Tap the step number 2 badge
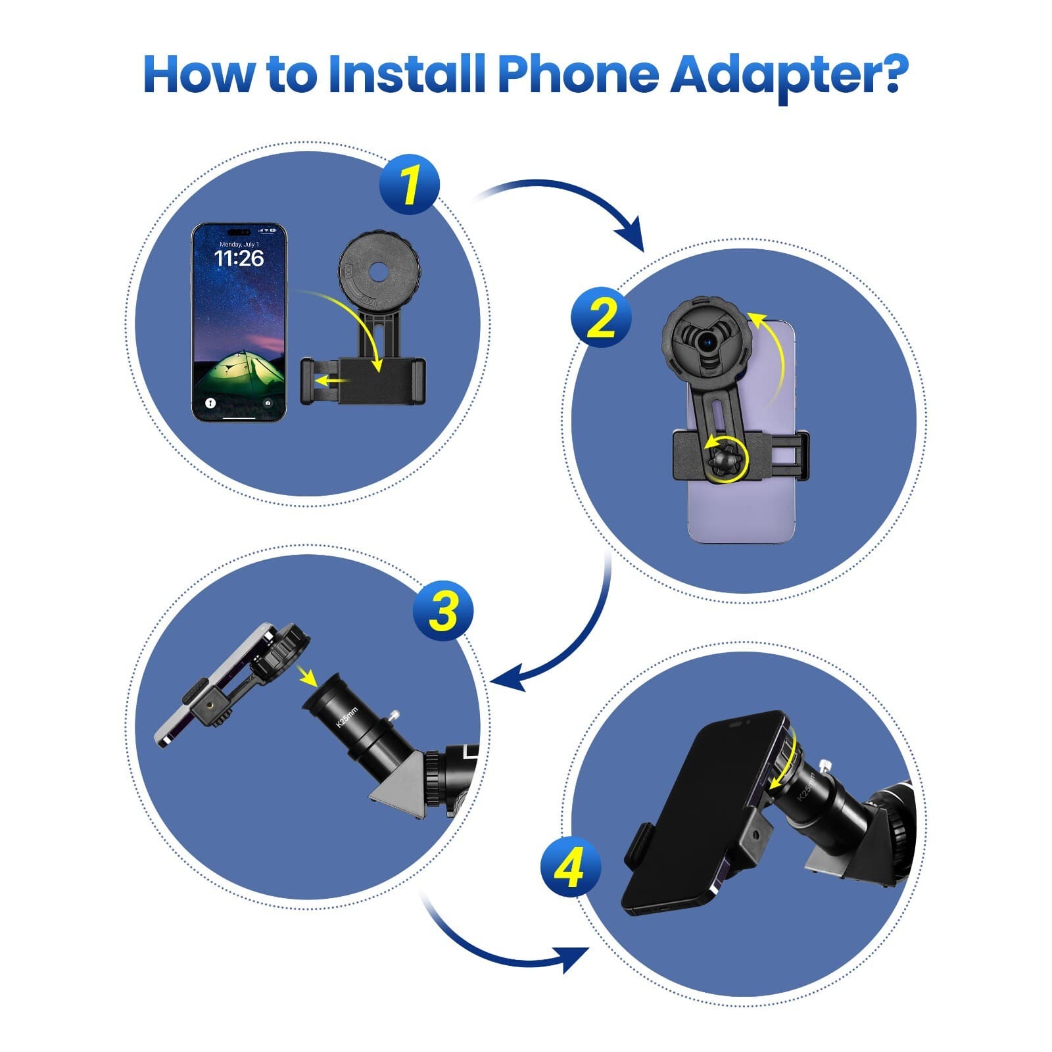pyautogui.click(x=601, y=318)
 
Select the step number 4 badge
pyautogui.click(x=570, y=867)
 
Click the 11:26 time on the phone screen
pyautogui.click(x=239, y=258)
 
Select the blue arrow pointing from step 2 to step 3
pyautogui.click(x=579, y=644)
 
